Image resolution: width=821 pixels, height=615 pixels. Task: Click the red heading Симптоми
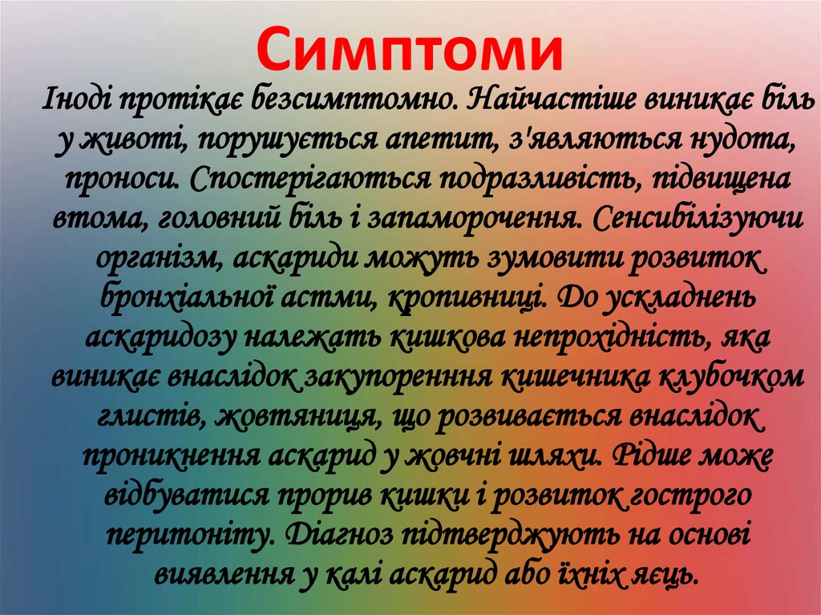click(410, 50)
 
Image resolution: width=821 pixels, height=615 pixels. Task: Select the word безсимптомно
click(356, 102)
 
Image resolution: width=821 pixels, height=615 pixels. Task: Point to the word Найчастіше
click(547, 102)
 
